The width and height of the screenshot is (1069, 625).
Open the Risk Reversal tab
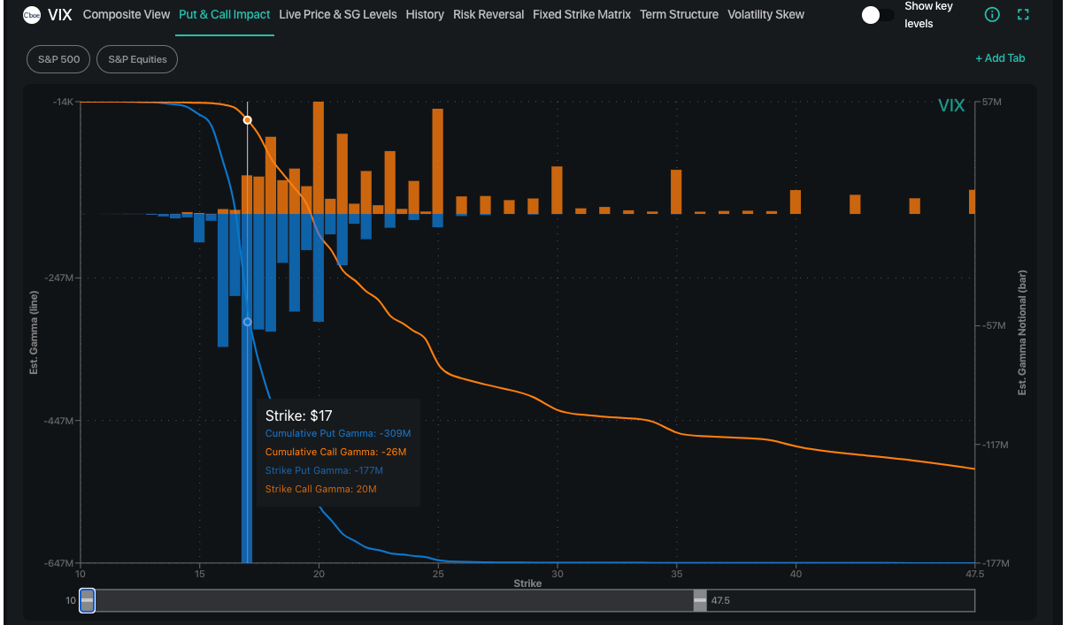[x=488, y=15]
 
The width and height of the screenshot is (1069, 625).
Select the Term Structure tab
[x=679, y=15]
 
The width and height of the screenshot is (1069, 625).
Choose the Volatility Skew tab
[x=765, y=15]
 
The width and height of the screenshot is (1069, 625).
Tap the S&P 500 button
[x=58, y=60]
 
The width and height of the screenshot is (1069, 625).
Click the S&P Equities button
[x=137, y=60]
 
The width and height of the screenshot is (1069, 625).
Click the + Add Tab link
[x=1000, y=58]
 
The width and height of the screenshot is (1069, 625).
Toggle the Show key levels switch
[x=877, y=15]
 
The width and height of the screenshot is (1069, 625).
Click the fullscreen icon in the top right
[x=1024, y=15]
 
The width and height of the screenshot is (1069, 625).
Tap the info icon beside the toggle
[x=992, y=15]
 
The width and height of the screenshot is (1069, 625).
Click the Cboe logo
[x=31, y=15]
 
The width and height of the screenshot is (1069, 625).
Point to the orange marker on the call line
[x=248, y=120]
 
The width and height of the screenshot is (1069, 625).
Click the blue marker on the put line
[x=248, y=322]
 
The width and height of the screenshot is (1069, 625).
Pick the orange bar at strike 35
[x=676, y=191]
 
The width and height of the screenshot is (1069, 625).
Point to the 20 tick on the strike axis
[x=319, y=573]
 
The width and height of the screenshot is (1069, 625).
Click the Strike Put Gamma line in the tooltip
[x=324, y=470]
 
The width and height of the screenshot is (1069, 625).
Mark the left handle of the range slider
[x=87, y=600]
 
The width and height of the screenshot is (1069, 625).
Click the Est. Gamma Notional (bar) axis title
[x=1022, y=332]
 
